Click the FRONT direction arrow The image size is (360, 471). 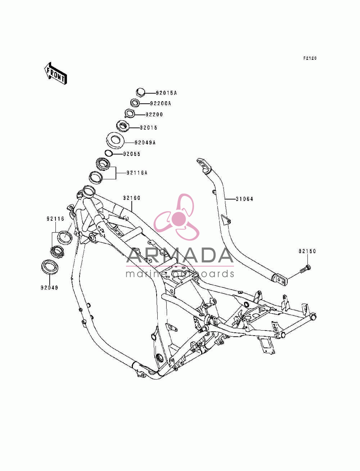55,73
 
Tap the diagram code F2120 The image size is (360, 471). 310,58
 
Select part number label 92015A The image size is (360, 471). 166,93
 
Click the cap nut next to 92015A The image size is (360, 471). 140,92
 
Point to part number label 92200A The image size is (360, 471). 160,103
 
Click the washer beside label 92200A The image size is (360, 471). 135,103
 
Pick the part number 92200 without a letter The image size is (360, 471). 154,115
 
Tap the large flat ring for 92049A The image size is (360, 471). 116,140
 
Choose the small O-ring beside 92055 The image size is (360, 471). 109,153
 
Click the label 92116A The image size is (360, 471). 137,173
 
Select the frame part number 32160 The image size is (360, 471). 131,198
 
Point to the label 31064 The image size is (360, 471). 244,199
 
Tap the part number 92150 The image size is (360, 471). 307,251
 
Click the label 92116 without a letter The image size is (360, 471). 55,219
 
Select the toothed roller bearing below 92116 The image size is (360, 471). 57,252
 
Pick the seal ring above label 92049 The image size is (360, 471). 50,267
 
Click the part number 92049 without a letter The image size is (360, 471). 49,288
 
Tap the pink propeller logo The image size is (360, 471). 176,217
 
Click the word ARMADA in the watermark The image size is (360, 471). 180,255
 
